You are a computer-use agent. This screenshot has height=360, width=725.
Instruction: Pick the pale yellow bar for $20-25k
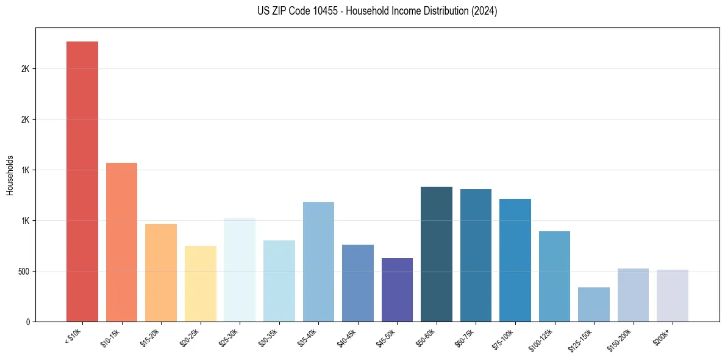coord(200,284)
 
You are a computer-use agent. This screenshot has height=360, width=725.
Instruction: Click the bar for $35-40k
coord(318,262)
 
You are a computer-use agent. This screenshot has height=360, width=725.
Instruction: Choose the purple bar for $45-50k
coord(397,290)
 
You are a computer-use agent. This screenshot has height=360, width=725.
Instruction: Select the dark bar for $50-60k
coord(437,254)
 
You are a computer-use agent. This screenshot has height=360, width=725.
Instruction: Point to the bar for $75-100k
coord(515,260)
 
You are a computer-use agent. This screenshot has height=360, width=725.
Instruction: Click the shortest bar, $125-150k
coord(594,304)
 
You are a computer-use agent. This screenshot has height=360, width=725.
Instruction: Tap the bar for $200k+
coord(673,295)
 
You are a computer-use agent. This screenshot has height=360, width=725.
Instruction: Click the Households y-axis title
coord(10,175)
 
